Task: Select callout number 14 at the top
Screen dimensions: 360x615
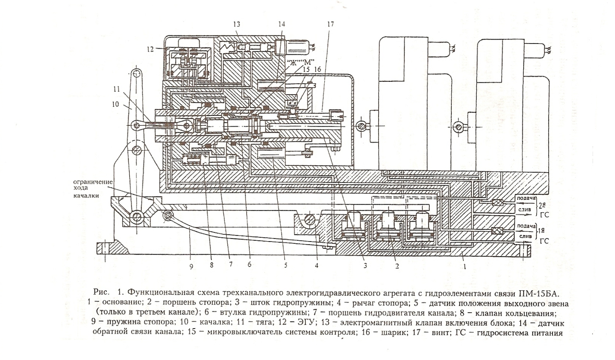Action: click(282, 25)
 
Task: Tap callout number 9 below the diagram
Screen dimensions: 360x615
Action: click(191, 266)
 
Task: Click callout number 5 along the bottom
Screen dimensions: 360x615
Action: click(285, 266)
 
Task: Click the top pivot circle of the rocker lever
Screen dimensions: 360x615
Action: click(136, 73)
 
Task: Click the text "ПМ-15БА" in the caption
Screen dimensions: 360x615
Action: click(537, 295)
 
